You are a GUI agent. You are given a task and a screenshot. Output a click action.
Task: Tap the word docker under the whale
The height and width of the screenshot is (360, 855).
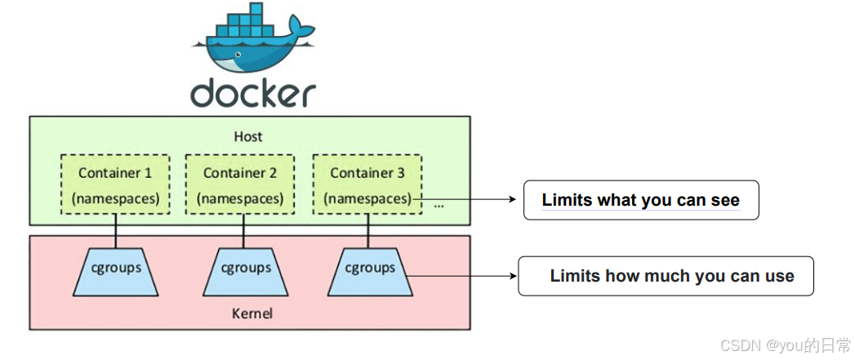tap(252, 93)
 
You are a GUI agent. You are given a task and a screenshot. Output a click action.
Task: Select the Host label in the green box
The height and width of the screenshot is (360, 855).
tap(247, 136)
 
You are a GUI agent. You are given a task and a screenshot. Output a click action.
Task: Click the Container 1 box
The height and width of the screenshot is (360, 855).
tap(115, 184)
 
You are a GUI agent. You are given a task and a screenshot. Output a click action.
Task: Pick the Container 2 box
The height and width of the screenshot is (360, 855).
tap(240, 184)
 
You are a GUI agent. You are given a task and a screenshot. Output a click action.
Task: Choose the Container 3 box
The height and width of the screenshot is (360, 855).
tap(367, 184)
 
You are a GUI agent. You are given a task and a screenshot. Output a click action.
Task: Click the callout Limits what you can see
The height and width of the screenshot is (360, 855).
tap(641, 200)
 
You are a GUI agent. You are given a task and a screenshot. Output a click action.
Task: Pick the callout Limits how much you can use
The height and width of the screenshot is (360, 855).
tap(667, 276)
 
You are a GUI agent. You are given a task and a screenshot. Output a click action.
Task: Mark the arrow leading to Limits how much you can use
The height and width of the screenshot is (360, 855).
tap(461, 276)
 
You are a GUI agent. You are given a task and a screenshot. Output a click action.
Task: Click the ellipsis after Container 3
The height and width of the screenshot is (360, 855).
tap(439, 204)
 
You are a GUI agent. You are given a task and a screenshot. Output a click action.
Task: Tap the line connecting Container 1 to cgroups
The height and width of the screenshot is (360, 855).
tap(115, 231)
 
